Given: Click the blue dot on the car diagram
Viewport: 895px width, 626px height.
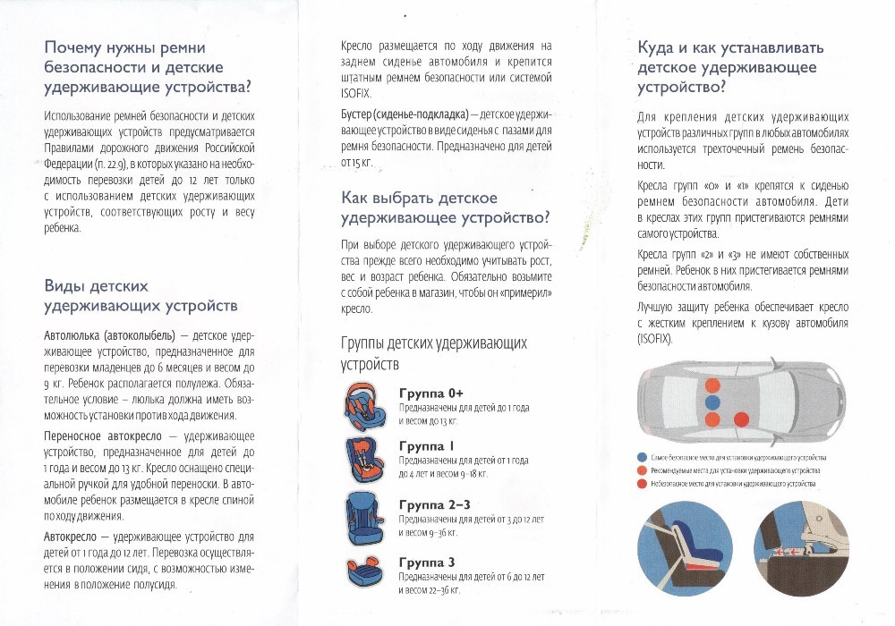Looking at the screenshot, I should coord(712,402).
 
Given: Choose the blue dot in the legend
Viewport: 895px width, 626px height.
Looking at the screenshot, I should coord(642,457).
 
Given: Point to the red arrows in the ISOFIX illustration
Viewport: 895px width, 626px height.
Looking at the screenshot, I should coord(791,554).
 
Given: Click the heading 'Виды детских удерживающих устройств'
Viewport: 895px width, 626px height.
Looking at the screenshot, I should coord(141,296).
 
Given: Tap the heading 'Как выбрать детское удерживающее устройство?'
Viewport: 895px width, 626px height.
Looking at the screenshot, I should coord(445,207).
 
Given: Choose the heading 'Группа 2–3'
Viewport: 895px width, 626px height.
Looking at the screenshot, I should coord(433,505).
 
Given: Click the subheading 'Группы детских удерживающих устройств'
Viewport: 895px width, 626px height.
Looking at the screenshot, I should coord(434,353).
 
